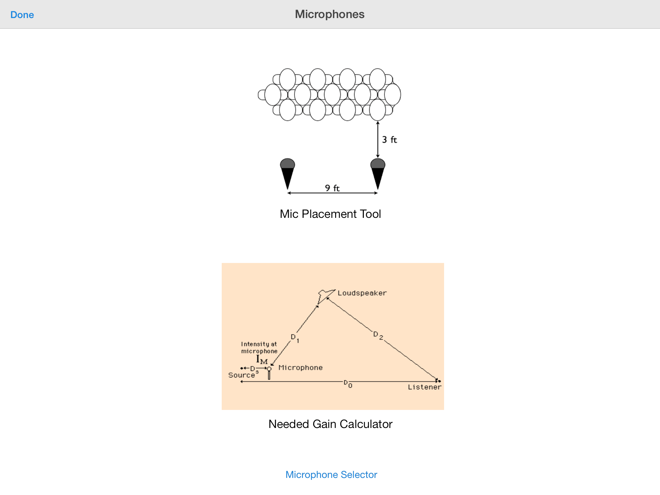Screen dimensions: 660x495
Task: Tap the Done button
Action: coord(22,15)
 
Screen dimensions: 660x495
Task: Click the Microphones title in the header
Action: coord(330,14)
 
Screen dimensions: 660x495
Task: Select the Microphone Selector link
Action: coord(331,475)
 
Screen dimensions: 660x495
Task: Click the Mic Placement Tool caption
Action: coord(330,214)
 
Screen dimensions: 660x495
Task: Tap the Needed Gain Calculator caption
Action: coord(330,424)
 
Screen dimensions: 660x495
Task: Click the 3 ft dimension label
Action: coord(389,140)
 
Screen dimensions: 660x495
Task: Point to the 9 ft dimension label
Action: coord(332,188)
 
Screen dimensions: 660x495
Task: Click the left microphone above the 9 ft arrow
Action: coord(287,174)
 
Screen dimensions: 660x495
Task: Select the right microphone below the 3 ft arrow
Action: coord(378,174)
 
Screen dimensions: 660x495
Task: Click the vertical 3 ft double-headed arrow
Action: coord(378,140)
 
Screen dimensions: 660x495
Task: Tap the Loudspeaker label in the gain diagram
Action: coord(362,293)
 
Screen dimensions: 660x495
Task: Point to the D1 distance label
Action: coord(295,338)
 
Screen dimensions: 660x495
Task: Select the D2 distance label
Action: coord(378,335)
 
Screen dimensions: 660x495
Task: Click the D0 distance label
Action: coord(348,383)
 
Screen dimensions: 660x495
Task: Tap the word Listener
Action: coord(424,387)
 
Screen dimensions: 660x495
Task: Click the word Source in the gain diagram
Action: coord(241,375)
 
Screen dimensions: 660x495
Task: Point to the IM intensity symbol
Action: coord(262,360)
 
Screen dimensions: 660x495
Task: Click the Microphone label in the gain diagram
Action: coord(300,368)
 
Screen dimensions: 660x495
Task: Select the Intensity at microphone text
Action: coord(259,348)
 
